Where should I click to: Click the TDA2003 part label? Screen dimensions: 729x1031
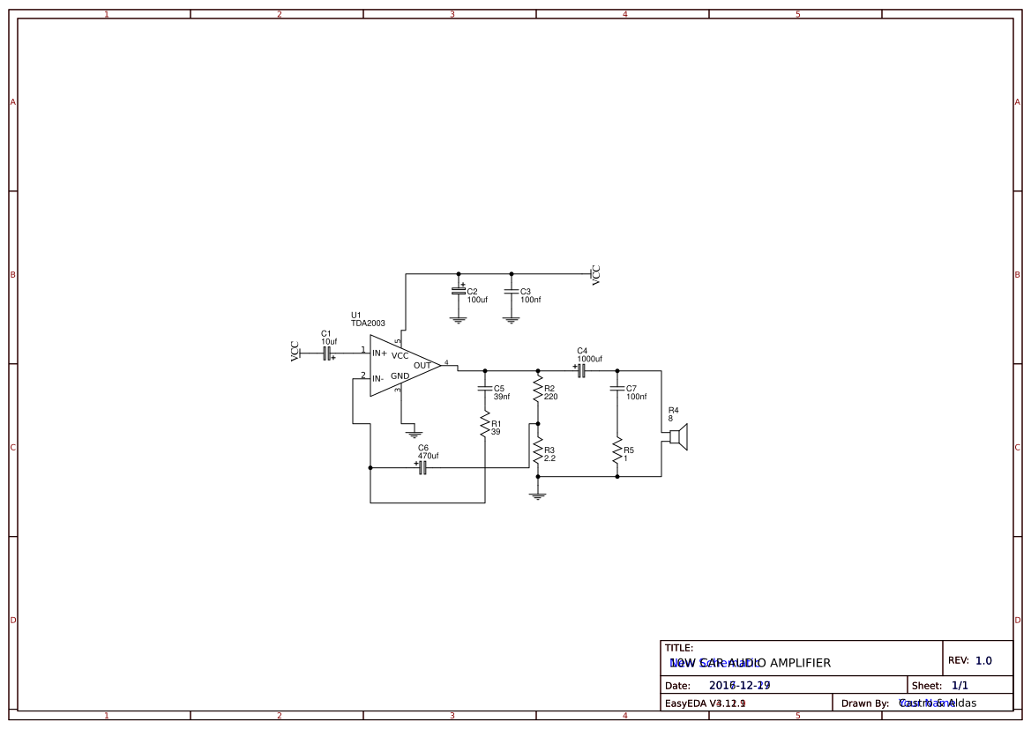pyautogui.click(x=368, y=324)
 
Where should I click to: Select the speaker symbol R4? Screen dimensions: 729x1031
pyautogui.click(x=677, y=436)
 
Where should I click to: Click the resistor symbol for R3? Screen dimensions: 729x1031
pyautogui.click(x=538, y=452)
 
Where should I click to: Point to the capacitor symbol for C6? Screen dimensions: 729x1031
pyautogui.click(x=422, y=468)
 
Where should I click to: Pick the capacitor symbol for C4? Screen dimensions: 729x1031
pyautogui.click(x=581, y=371)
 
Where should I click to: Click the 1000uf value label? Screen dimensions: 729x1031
pyautogui.click(x=589, y=359)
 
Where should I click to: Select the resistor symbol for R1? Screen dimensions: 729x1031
pyautogui.click(x=484, y=426)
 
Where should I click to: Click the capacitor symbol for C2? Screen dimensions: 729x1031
pyautogui.click(x=458, y=291)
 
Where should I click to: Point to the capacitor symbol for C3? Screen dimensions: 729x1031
pyautogui.click(x=511, y=291)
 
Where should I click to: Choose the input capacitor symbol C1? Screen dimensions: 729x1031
pyautogui.click(x=327, y=353)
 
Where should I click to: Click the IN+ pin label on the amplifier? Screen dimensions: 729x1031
pyautogui.click(x=379, y=353)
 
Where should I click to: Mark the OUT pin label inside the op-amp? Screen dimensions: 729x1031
pyautogui.click(x=422, y=365)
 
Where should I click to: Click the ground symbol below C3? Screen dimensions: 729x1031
pyautogui.click(x=511, y=320)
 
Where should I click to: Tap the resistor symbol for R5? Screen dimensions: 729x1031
pyautogui.click(x=616, y=452)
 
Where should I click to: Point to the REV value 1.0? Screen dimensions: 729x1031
pyautogui.click(x=983, y=660)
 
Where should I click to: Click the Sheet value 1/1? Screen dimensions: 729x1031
pyautogui.click(x=960, y=685)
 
